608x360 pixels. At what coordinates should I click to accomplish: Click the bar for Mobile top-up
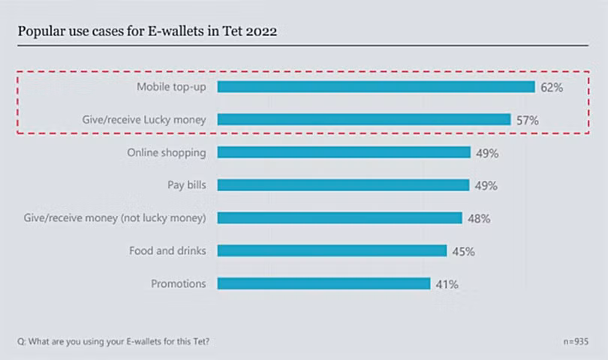(375, 86)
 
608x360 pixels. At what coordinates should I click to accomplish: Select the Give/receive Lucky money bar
(364, 119)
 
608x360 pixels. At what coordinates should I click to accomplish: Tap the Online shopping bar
(344, 152)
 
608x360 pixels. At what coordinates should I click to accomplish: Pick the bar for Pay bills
(343, 185)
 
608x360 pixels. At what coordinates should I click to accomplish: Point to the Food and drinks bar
(332, 250)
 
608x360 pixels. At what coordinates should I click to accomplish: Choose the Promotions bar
(324, 283)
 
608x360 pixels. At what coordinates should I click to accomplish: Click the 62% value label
(551, 87)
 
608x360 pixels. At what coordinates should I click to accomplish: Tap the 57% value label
(528, 120)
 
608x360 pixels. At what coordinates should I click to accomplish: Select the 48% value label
(479, 218)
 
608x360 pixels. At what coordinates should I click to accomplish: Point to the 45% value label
(463, 251)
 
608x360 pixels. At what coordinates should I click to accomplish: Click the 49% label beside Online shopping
(487, 153)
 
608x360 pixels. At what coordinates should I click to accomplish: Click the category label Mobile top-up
(171, 86)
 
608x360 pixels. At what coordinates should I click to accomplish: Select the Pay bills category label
(186, 184)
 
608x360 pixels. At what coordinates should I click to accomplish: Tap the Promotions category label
(178, 283)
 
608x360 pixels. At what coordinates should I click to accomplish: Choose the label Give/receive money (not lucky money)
(115, 217)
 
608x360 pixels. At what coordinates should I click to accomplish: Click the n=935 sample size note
(574, 341)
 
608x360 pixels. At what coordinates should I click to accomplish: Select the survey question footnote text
(113, 341)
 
